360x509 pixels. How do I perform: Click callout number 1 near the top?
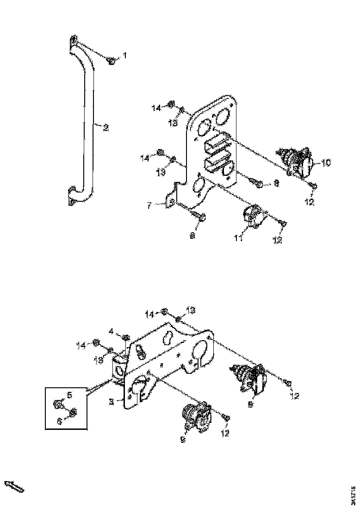124,56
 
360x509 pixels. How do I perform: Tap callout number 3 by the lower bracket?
112,402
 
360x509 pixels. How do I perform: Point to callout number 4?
111,331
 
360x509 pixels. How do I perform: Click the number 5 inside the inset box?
70,395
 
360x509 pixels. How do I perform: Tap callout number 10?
326,162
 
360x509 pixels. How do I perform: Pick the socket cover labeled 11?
252,216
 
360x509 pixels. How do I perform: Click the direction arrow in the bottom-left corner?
14,486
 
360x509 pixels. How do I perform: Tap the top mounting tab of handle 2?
74,42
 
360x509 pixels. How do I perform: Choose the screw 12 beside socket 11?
283,224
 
